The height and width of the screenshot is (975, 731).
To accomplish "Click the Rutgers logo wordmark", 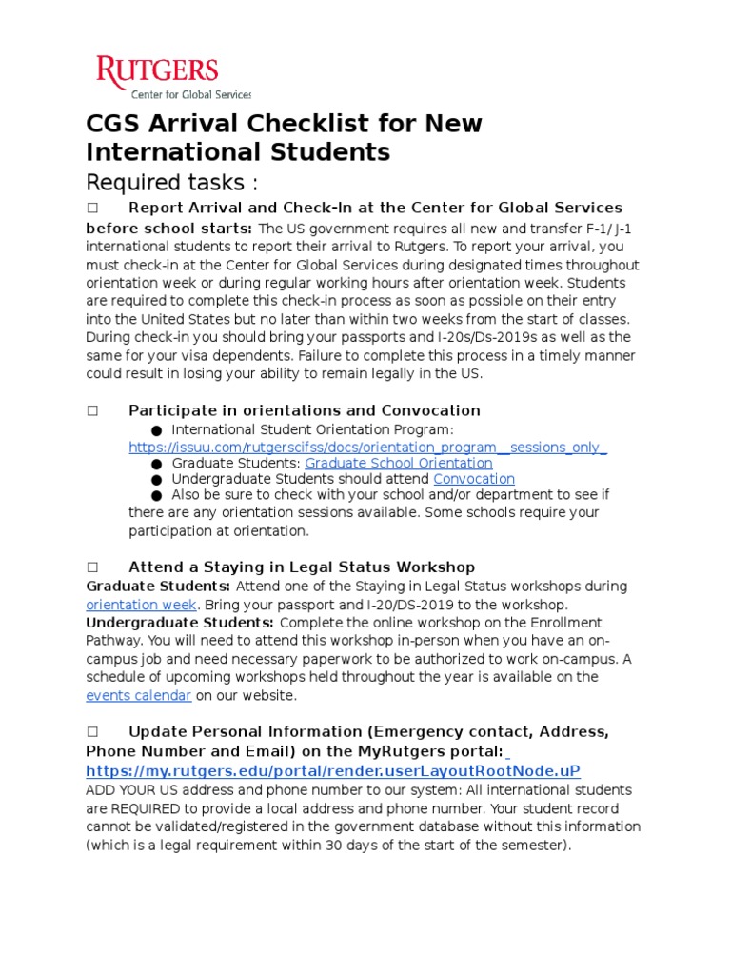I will tap(157, 71).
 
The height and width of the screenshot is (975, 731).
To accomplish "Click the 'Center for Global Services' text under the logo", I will tap(190, 94).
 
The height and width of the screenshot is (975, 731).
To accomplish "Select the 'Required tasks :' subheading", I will tap(172, 182).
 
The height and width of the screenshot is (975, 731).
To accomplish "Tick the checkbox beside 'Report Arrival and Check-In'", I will tap(92, 208).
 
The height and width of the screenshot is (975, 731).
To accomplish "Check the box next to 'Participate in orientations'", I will tap(92, 410).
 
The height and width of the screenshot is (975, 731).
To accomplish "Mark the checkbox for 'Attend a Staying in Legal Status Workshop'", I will tap(92, 567).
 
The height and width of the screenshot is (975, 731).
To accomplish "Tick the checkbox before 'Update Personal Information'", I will tap(92, 731).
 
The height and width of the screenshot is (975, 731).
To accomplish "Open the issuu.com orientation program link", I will tap(368, 448).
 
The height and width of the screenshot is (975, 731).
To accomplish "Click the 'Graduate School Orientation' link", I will tap(398, 464).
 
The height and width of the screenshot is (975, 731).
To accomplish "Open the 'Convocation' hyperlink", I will tap(474, 479).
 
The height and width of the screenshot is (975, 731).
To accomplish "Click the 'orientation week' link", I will tap(141, 605).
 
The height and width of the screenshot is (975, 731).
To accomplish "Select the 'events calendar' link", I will tap(139, 695).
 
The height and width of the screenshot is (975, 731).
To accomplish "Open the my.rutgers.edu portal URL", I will tap(332, 770).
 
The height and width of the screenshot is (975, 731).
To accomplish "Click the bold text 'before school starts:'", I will tap(169, 228).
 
